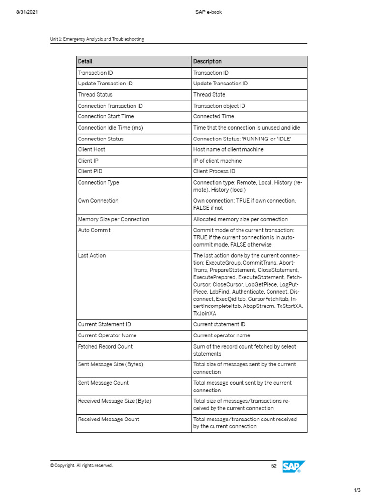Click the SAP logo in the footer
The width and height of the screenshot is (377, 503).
[294, 466]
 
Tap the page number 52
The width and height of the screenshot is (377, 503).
[274, 466]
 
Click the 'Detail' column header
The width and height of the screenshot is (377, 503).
[85, 61]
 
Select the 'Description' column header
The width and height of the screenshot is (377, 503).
[208, 61]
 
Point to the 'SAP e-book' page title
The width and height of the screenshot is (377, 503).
[209, 12]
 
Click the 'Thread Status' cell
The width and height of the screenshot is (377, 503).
[95, 95]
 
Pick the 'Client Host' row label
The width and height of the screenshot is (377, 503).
[91, 149]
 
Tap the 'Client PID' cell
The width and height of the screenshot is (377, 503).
[90, 171]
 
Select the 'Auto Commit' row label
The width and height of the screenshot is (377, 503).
[94, 230]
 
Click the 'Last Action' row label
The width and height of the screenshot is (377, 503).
[92, 255]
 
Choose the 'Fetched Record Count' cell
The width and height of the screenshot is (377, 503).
[105, 346]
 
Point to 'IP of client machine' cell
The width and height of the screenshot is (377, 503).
[217, 161]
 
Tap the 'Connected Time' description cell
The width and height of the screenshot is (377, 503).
[214, 116]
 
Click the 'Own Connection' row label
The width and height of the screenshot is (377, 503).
[98, 201]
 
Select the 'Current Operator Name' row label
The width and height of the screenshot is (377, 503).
[107, 335]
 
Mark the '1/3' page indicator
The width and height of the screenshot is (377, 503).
[357, 490]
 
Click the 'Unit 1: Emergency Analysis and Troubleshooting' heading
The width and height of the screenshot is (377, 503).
[97, 39]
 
